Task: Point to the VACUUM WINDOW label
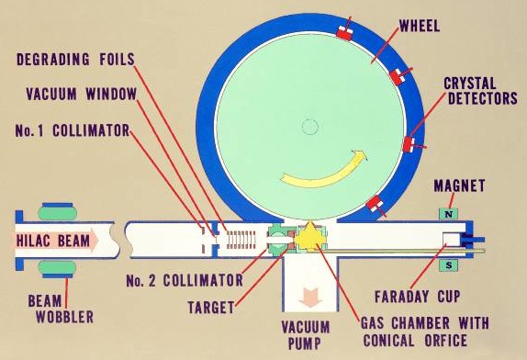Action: (77, 94)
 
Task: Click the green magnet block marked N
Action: (450, 215)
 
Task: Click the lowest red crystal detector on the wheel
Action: (376, 204)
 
